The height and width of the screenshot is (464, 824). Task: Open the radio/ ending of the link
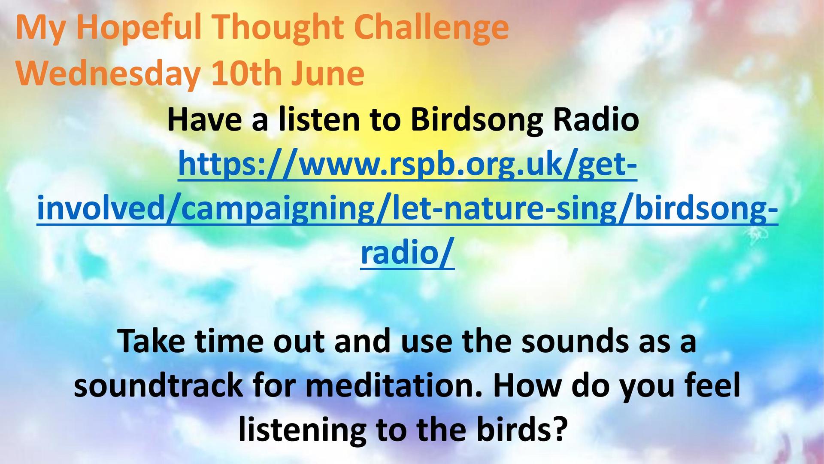click(407, 253)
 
